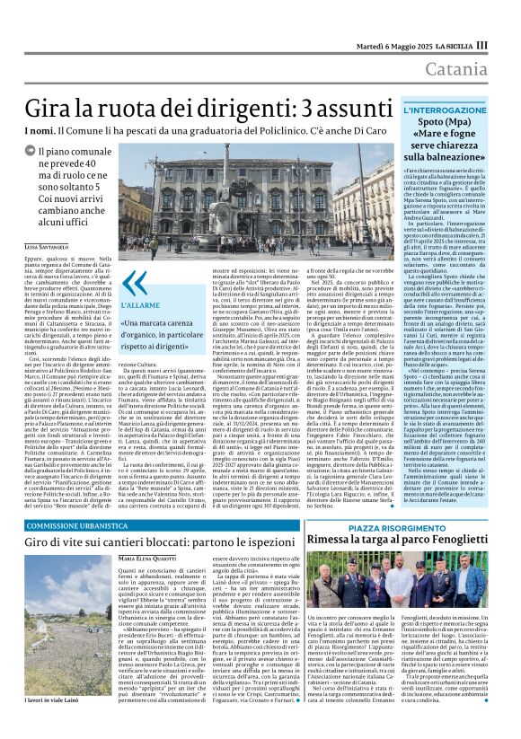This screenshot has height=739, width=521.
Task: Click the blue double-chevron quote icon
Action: (133, 285)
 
